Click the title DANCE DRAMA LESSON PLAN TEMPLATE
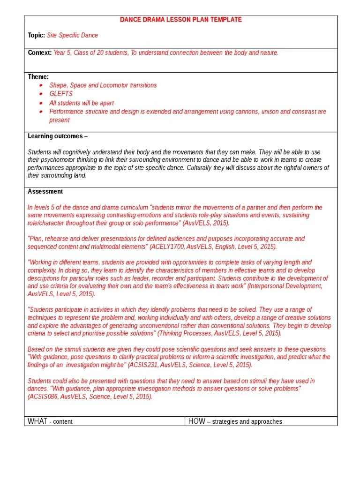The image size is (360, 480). click(x=181, y=20)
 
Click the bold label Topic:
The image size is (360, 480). click(x=36, y=35)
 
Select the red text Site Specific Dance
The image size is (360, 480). click(x=73, y=35)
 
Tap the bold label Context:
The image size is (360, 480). click(x=39, y=52)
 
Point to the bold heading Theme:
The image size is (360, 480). click(x=38, y=76)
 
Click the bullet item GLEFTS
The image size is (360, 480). click(x=61, y=94)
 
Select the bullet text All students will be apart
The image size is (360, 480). click(x=82, y=103)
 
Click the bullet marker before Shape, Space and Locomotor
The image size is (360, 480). click(x=41, y=85)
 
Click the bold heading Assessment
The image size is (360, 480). click(x=45, y=191)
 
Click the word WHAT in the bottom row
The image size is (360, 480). click(x=37, y=421)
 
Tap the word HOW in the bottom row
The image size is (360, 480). click(x=196, y=421)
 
